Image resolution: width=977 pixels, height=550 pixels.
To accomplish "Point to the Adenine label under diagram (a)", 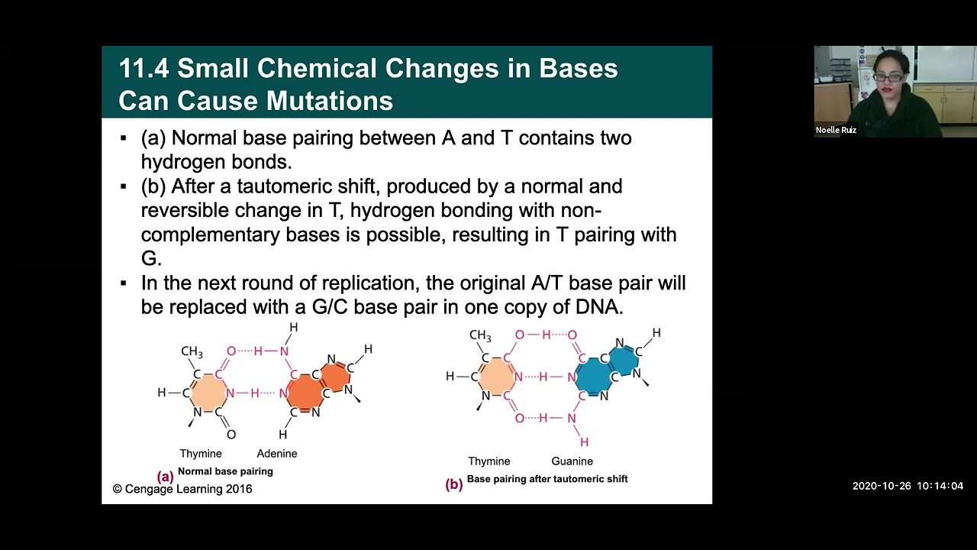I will (x=276, y=454).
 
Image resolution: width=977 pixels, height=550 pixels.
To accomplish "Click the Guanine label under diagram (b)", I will (x=572, y=461).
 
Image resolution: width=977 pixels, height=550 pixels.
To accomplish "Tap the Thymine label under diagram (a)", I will (x=201, y=454).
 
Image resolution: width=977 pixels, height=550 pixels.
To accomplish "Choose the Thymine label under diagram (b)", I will (x=488, y=461).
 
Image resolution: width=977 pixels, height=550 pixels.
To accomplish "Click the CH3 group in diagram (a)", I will (x=192, y=351).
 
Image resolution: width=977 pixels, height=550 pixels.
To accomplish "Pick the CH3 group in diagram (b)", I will (x=480, y=335).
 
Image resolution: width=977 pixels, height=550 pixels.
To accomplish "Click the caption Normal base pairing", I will (x=225, y=471).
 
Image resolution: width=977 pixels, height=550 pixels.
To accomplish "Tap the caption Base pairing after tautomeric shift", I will (x=547, y=479).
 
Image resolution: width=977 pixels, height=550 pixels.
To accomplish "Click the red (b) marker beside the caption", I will (x=454, y=484).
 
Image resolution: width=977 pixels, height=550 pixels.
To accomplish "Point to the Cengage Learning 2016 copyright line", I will (x=182, y=489).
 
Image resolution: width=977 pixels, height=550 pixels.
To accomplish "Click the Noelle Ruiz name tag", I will (x=836, y=130).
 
